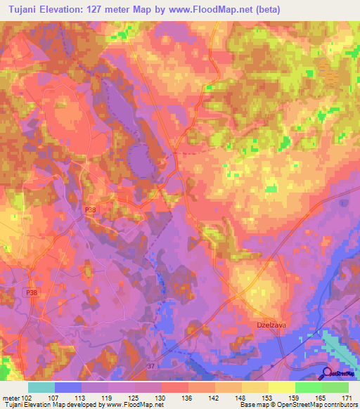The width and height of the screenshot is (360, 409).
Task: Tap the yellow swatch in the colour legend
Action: coord(282,387)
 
